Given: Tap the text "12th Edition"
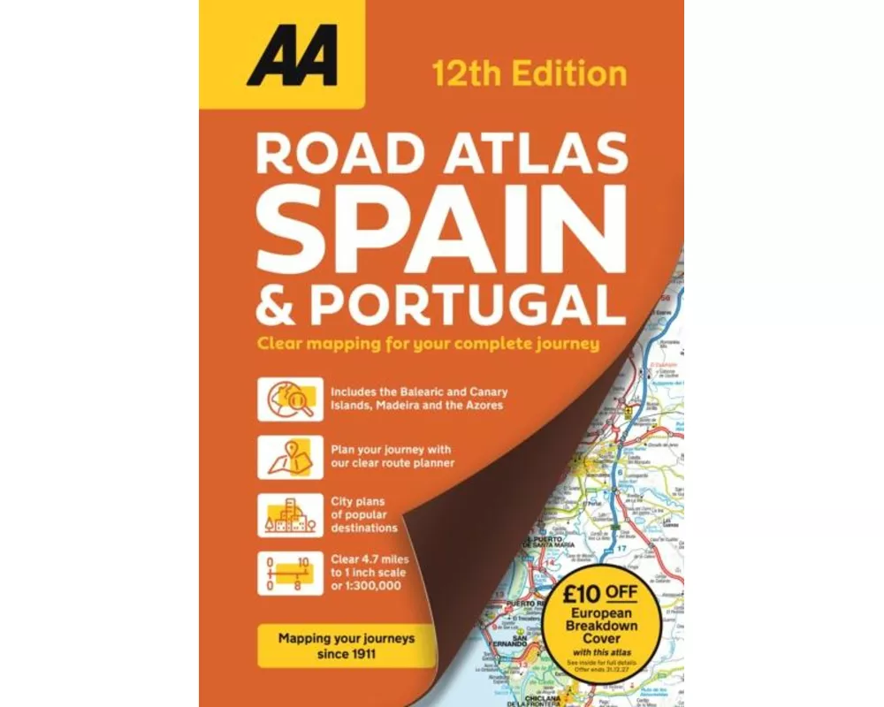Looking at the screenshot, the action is click(530, 73).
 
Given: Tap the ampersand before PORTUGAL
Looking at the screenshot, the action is click(276, 304).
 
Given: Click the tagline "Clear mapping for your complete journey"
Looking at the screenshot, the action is click(428, 343).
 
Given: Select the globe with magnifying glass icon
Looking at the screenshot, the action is click(290, 399).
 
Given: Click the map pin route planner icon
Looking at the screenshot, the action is click(290, 457).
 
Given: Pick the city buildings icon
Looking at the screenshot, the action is click(290, 514).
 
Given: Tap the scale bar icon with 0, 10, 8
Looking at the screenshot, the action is click(290, 573).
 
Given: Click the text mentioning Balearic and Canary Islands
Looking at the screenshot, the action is click(419, 399).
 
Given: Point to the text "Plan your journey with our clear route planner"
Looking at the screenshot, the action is click(392, 456).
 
